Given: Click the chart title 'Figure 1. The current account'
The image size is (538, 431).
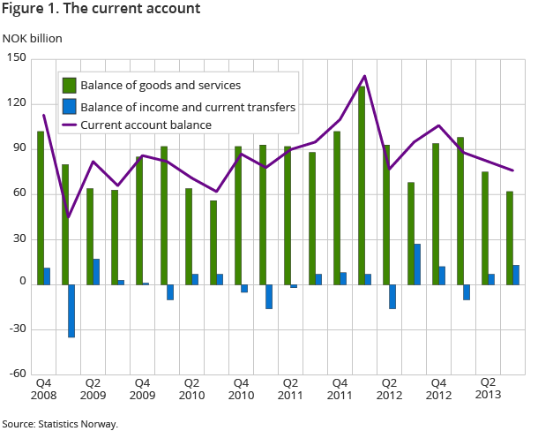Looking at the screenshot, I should tap(101, 10).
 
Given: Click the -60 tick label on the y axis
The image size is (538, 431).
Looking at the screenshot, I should tap(18, 374).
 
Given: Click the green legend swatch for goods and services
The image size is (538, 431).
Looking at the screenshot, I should tap(68, 86).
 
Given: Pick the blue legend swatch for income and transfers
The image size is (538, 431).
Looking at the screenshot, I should tap(68, 106).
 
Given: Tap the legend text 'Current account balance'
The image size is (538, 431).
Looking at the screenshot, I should tap(146, 125).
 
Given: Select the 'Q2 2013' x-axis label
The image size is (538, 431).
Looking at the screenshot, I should tap(486, 389).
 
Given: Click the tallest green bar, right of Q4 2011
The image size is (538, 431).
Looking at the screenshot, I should tap(362, 185).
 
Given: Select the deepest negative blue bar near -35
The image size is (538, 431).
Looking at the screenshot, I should tap(71, 310).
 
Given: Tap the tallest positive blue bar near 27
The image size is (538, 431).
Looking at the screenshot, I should tap(417, 263).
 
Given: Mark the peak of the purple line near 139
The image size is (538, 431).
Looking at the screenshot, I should tap(364, 76).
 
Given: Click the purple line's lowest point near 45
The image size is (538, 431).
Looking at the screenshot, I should tap(68, 217).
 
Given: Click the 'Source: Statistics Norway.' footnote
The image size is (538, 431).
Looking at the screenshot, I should tap(60, 424).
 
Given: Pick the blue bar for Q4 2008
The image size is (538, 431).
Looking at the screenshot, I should tap(47, 276).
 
